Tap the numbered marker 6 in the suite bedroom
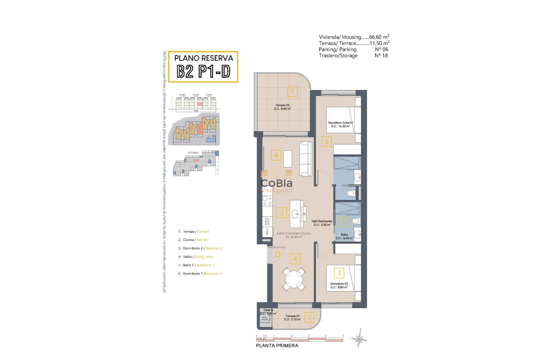[327, 141]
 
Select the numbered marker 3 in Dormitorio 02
[339, 273]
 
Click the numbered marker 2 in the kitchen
[281, 212]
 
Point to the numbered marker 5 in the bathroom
[343, 222]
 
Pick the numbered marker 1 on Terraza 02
[292, 91]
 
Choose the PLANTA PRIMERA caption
[276, 345]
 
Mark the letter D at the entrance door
[278, 255]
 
